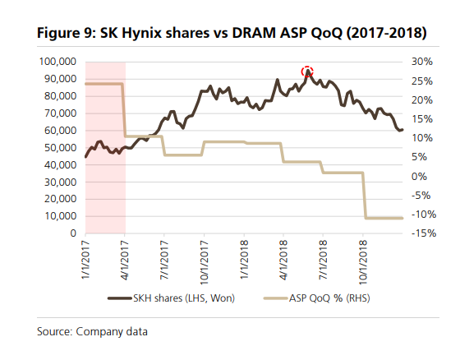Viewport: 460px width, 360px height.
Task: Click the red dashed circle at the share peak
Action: tap(307, 72)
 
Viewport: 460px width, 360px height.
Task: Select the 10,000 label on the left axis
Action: tap(60, 217)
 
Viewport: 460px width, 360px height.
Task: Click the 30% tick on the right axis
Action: tap(421, 62)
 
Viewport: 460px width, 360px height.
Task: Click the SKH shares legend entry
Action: tap(172, 298)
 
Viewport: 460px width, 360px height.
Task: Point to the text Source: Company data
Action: tap(92, 331)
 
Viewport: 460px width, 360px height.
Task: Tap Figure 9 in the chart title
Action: tap(65, 35)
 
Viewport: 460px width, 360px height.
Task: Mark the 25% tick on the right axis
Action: tap(421, 81)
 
